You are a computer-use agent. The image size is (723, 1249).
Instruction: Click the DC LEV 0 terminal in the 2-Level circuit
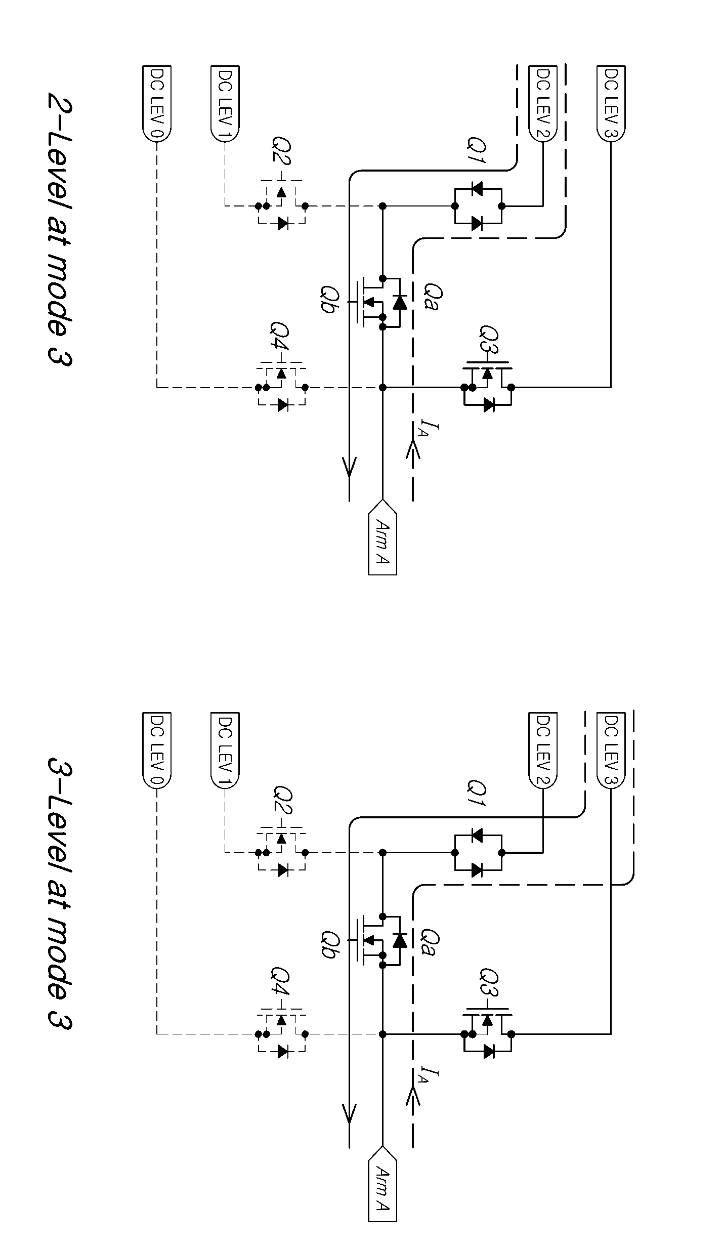tap(157, 104)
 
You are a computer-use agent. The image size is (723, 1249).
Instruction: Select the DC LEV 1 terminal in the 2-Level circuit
tap(225, 104)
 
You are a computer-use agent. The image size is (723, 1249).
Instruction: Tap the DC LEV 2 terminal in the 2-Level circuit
tap(542, 104)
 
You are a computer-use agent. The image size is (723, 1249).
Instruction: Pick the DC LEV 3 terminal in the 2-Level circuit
tap(611, 104)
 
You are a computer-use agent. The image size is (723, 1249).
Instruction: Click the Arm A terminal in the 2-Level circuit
tap(382, 537)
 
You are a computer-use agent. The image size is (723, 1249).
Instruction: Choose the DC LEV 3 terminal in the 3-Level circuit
tap(611, 751)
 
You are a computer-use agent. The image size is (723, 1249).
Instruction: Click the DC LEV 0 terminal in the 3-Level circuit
tap(157, 751)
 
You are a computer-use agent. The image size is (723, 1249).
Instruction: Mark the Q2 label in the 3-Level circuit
tap(281, 801)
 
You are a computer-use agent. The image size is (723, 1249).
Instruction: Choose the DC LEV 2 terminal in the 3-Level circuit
tap(542, 751)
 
